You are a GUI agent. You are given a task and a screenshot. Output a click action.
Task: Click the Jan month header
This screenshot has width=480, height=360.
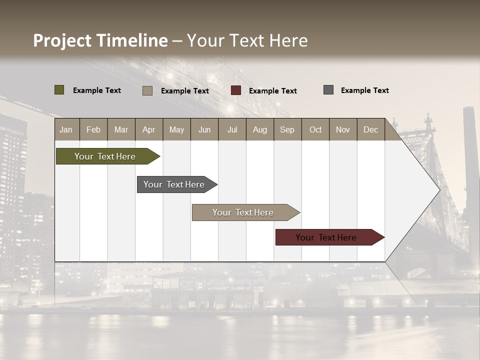(66, 130)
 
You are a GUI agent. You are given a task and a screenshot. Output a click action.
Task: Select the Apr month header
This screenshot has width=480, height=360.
(149, 130)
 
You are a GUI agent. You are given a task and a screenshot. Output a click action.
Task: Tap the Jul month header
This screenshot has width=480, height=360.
(232, 130)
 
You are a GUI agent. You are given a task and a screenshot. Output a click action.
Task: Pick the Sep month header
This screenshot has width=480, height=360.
(287, 130)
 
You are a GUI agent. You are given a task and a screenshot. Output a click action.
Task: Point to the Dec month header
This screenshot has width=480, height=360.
(370, 130)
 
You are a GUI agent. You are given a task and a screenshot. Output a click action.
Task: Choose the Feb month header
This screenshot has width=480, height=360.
(93, 130)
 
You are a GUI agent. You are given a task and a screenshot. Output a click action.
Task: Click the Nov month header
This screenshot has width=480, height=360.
(342, 130)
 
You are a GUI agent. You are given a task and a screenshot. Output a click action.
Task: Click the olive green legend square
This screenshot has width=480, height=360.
(59, 90)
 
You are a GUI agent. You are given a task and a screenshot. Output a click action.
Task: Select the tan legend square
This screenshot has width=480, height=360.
(147, 90)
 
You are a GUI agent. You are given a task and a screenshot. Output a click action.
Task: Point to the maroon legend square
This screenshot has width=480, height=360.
(236, 90)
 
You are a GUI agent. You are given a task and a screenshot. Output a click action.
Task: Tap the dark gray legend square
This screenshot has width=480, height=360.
(328, 90)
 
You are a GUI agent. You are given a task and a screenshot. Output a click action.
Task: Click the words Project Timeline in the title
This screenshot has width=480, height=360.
(100, 40)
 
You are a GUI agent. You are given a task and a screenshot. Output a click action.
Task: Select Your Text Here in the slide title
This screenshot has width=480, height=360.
(247, 40)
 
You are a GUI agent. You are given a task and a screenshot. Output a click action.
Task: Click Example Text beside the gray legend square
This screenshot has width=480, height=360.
(364, 90)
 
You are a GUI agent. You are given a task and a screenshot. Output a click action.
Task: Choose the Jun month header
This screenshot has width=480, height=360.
(204, 130)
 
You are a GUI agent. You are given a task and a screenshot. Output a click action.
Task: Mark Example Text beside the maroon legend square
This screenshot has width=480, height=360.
(272, 91)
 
